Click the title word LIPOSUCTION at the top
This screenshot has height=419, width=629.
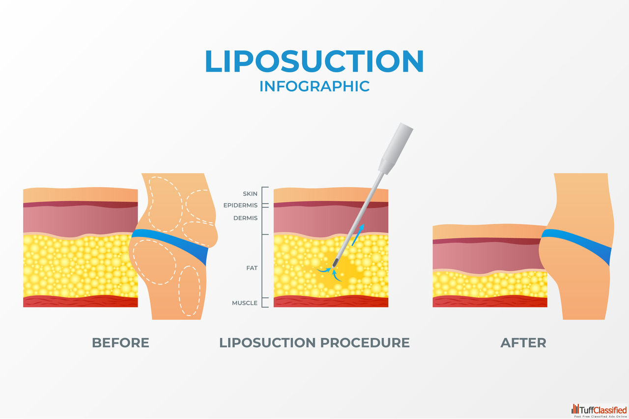(314, 62)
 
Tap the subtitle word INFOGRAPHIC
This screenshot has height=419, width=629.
(314, 86)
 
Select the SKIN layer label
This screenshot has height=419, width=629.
(250, 194)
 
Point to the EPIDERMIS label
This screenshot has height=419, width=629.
(240, 206)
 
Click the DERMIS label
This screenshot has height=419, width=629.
(245, 218)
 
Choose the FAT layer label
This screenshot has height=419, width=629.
(252, 268)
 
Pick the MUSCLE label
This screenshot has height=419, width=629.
(244, 303)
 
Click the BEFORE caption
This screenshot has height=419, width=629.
(120, 342)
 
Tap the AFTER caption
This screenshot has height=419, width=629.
(523, 342)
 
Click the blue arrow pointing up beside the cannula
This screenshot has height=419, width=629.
(360, 232)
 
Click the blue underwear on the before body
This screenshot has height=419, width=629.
(172, 242)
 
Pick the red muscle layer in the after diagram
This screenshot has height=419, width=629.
(489, 302)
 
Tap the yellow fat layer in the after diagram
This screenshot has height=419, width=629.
(489, 285)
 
